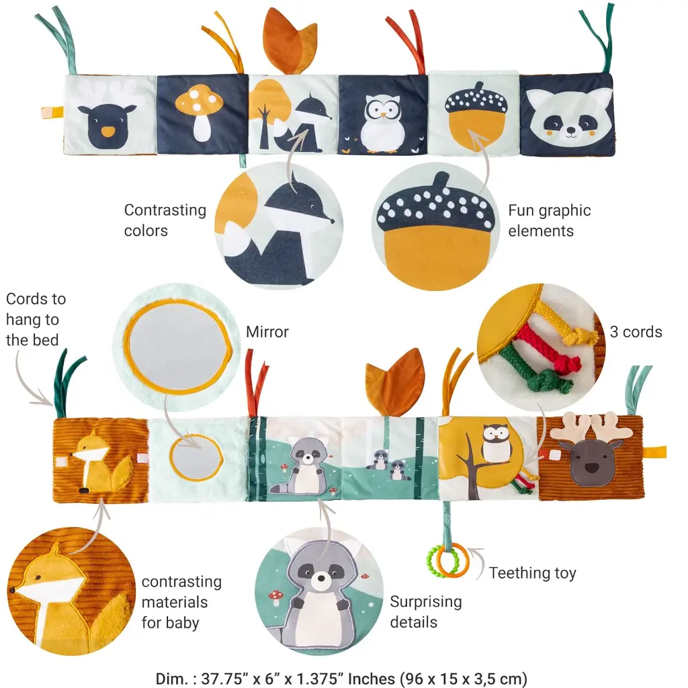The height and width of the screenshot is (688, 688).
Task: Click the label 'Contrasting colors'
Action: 165,220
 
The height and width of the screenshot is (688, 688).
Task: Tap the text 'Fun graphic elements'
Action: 549,220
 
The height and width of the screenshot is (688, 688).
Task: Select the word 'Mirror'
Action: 267,332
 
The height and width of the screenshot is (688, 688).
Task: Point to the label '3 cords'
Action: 636,332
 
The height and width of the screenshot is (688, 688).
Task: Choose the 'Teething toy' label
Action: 532,573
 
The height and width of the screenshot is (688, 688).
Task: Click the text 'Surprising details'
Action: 426,611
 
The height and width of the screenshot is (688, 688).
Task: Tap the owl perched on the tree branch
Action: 497,443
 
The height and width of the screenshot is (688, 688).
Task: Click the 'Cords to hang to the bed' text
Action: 36,319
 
